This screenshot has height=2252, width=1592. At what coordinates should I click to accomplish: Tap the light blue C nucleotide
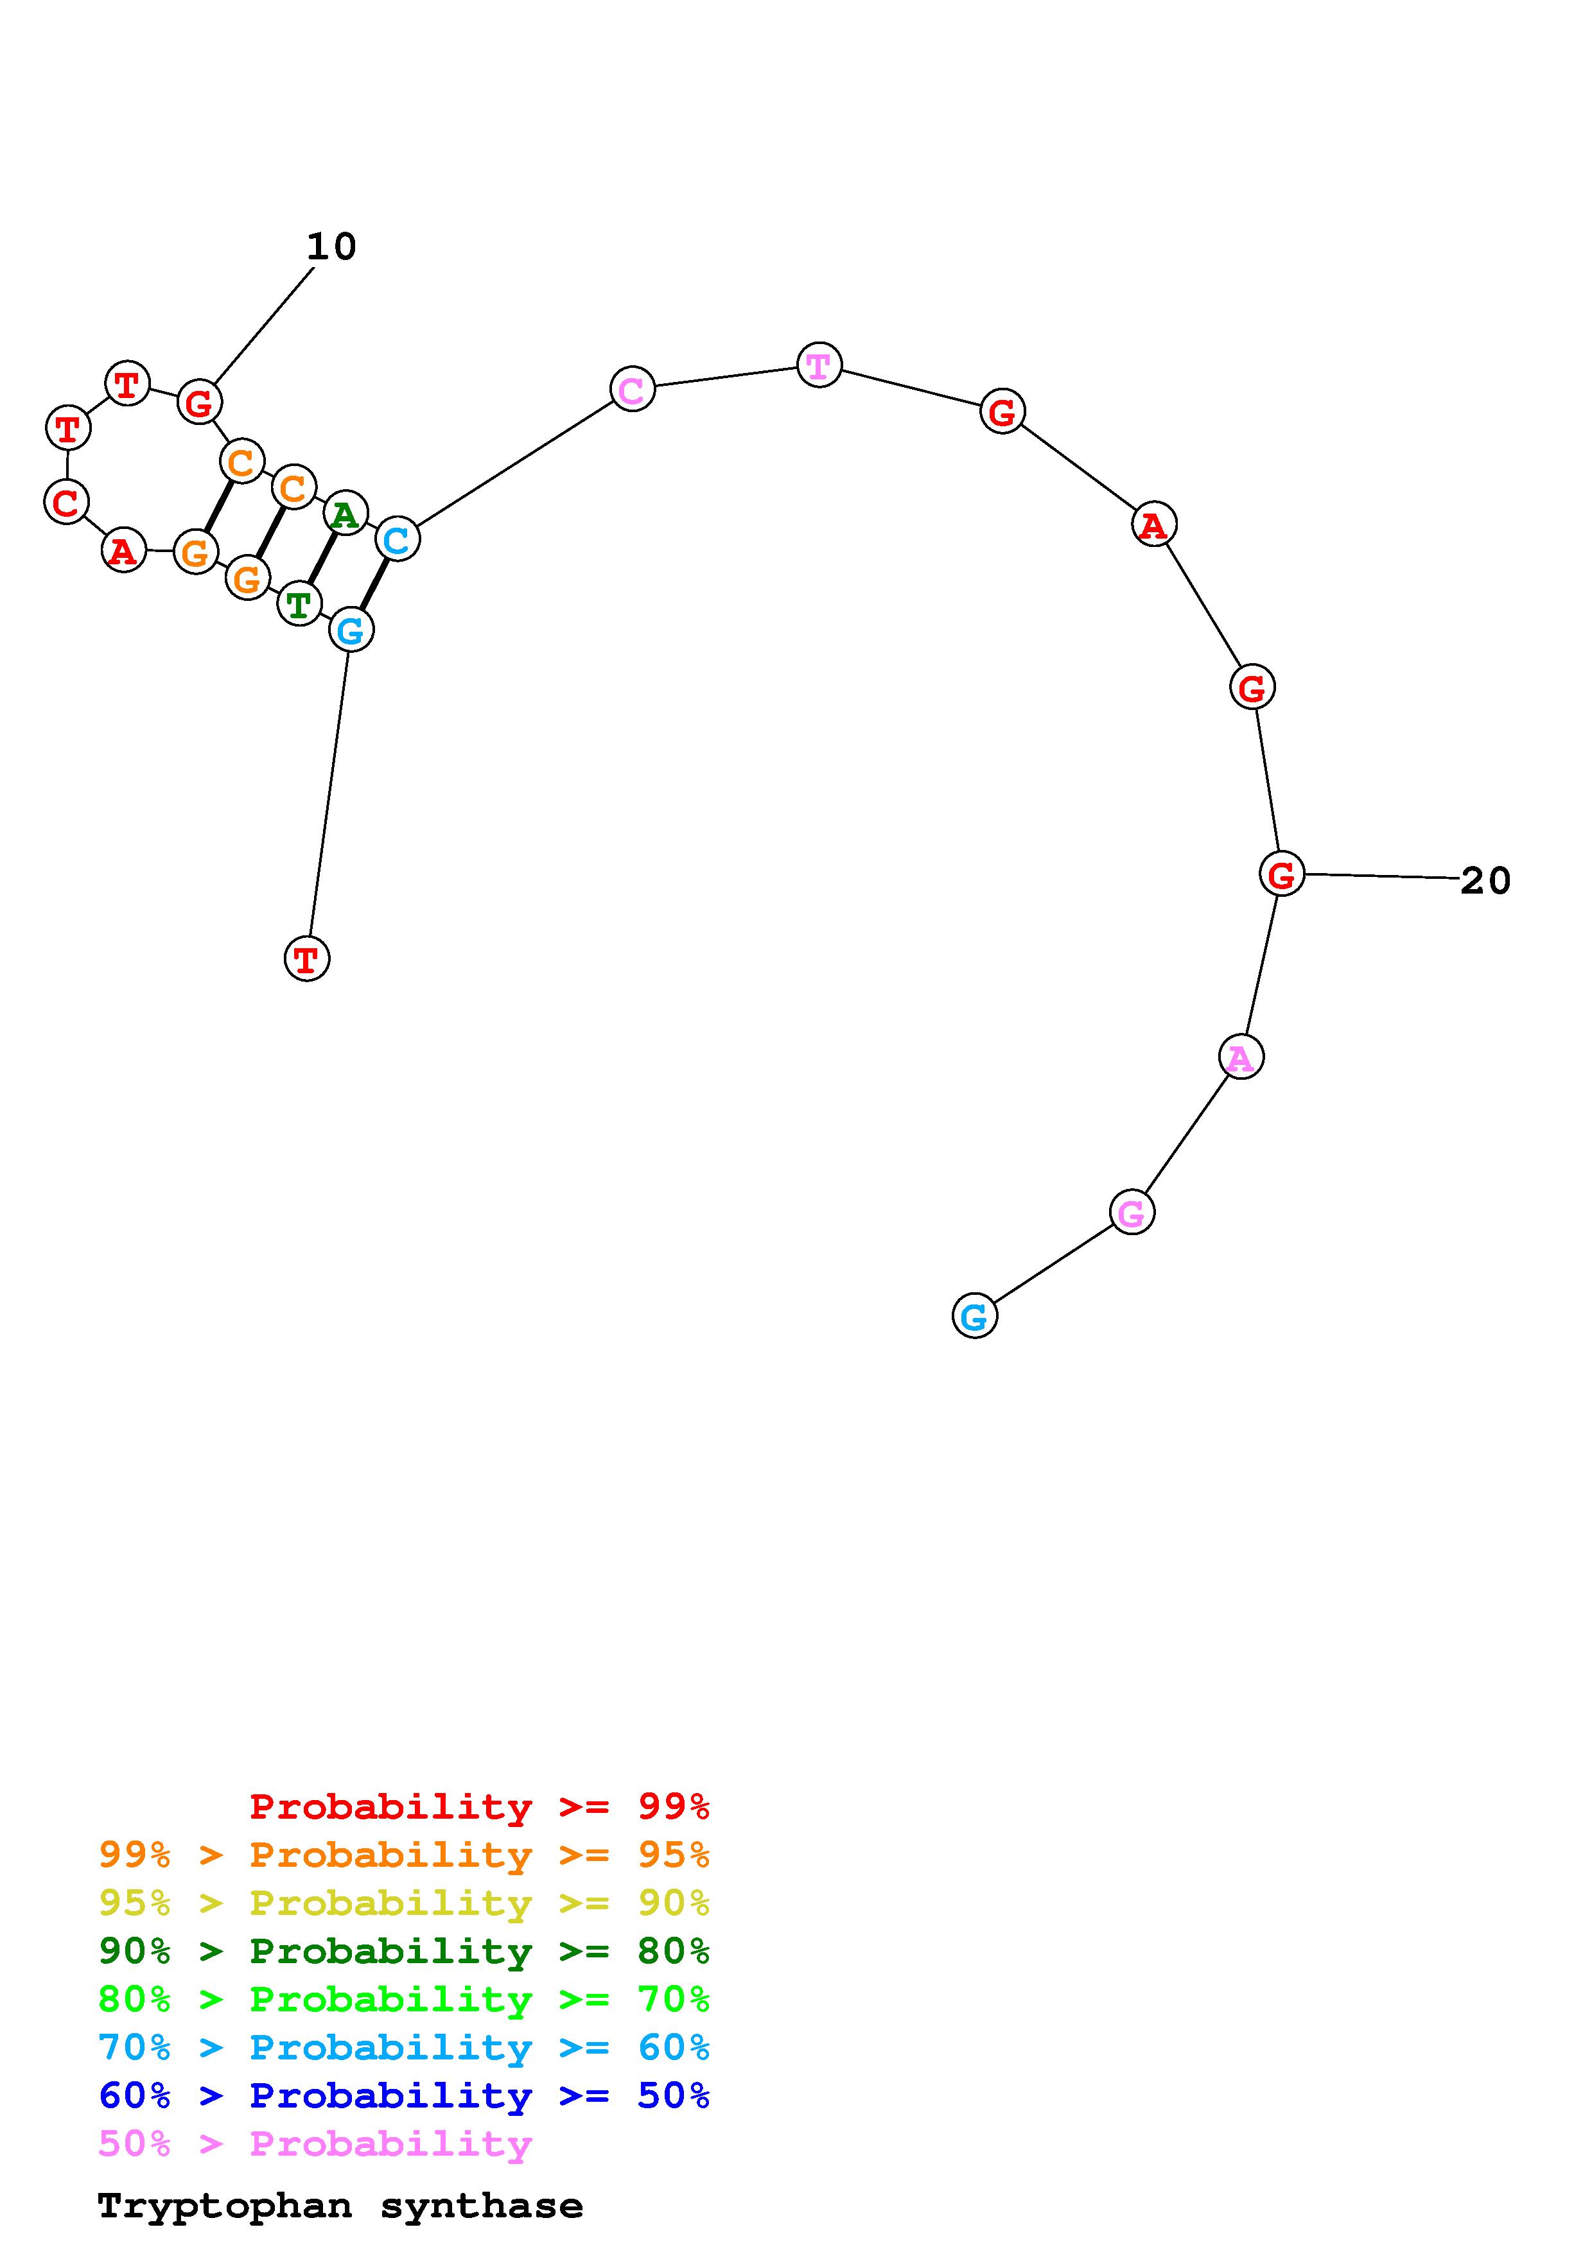[x=396, y=539]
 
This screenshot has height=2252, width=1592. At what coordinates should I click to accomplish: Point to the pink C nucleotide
[x=632, y=390]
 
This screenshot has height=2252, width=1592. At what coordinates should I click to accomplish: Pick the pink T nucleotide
[x=819, y=366]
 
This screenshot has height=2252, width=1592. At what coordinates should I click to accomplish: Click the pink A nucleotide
[x=1241, y=1057]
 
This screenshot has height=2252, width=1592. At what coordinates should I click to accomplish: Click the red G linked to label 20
[x=1281, y=874]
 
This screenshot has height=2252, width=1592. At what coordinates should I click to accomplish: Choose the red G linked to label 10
[x=199, y=402]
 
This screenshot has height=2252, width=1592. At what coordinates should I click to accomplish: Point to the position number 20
[x=1485, y=881]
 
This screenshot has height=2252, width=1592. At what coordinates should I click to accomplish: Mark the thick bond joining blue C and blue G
[x=374, y=585]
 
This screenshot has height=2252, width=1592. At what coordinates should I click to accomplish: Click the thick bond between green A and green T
[x=322, y=558]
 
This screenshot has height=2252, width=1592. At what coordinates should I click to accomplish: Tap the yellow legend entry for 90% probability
[x=404, y=1902]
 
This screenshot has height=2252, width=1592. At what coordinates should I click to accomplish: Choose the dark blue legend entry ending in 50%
[x=404, y=2095]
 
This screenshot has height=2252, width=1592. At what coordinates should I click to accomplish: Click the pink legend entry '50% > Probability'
[x=315, y=2143]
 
